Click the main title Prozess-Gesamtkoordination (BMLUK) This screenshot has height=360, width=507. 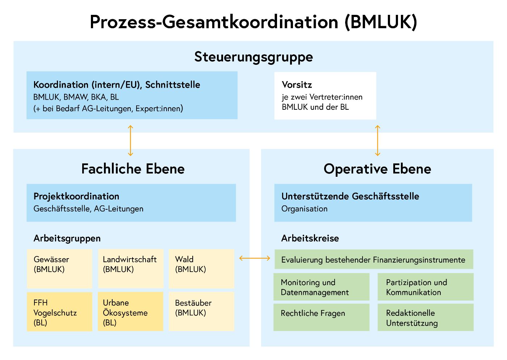253,22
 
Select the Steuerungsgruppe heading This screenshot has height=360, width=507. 253,57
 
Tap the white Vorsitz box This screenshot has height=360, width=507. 325,96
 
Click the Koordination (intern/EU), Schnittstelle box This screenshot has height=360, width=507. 132,95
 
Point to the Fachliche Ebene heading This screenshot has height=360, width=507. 133,169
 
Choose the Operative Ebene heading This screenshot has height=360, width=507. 377,169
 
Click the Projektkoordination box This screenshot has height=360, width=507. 131,202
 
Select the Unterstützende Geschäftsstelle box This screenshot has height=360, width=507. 373,202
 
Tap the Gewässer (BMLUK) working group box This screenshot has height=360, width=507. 59,268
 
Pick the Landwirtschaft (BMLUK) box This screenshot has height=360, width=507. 130,268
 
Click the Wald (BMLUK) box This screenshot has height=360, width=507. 201,268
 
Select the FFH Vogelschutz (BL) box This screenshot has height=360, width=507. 59,312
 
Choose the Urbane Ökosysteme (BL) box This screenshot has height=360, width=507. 130,312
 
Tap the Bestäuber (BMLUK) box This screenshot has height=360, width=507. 201,312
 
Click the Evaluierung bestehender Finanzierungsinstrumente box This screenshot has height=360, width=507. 374,259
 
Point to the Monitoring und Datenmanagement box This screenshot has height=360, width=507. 321,287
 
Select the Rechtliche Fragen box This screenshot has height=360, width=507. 321,317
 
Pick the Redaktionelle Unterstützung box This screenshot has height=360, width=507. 426,317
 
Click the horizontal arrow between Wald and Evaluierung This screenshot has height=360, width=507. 255,258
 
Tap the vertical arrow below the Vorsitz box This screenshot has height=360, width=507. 378,141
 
